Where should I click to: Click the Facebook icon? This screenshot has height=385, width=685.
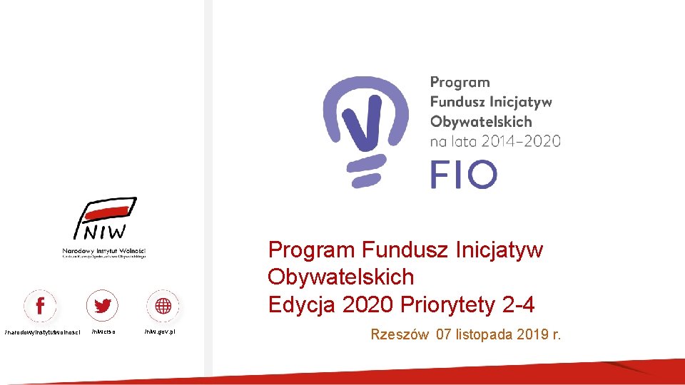click(40, 307)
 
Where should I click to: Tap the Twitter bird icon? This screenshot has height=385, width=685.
click(102, 307)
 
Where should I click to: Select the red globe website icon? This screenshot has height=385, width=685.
click(163, 307)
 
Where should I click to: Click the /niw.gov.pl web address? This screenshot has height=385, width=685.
click(161, 332)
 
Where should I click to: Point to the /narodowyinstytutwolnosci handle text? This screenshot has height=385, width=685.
click(42, 332)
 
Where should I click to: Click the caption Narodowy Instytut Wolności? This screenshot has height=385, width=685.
click(103, 251)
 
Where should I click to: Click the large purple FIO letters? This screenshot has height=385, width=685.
click(463, 175)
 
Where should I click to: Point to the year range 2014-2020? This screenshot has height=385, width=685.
click(521, 140)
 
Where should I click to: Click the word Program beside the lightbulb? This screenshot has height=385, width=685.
click(460, 83)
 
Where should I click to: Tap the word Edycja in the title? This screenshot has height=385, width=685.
click(302, 305)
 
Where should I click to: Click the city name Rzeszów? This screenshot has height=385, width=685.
click(400, 334)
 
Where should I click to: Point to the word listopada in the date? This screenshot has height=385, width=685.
click(487, 334)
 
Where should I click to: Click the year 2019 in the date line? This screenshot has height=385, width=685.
click(533, 334)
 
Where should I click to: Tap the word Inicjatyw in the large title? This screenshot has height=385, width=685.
click(499, 250)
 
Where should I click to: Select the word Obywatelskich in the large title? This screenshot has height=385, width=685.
click(340, 277)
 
